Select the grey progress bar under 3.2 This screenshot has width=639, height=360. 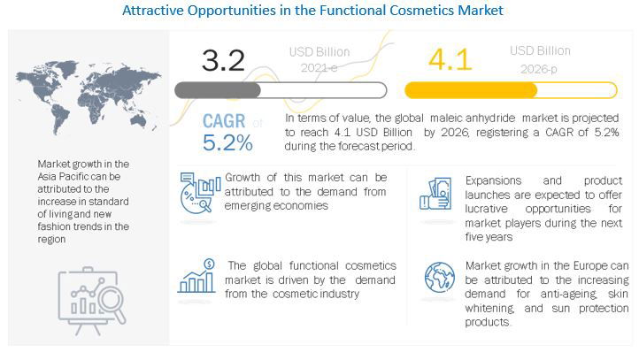coord(281,90)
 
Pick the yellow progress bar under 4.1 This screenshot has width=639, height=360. coord(511,90)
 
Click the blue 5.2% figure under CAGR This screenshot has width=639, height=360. coord(227,142)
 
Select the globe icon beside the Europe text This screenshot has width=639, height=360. coord(439,279)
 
